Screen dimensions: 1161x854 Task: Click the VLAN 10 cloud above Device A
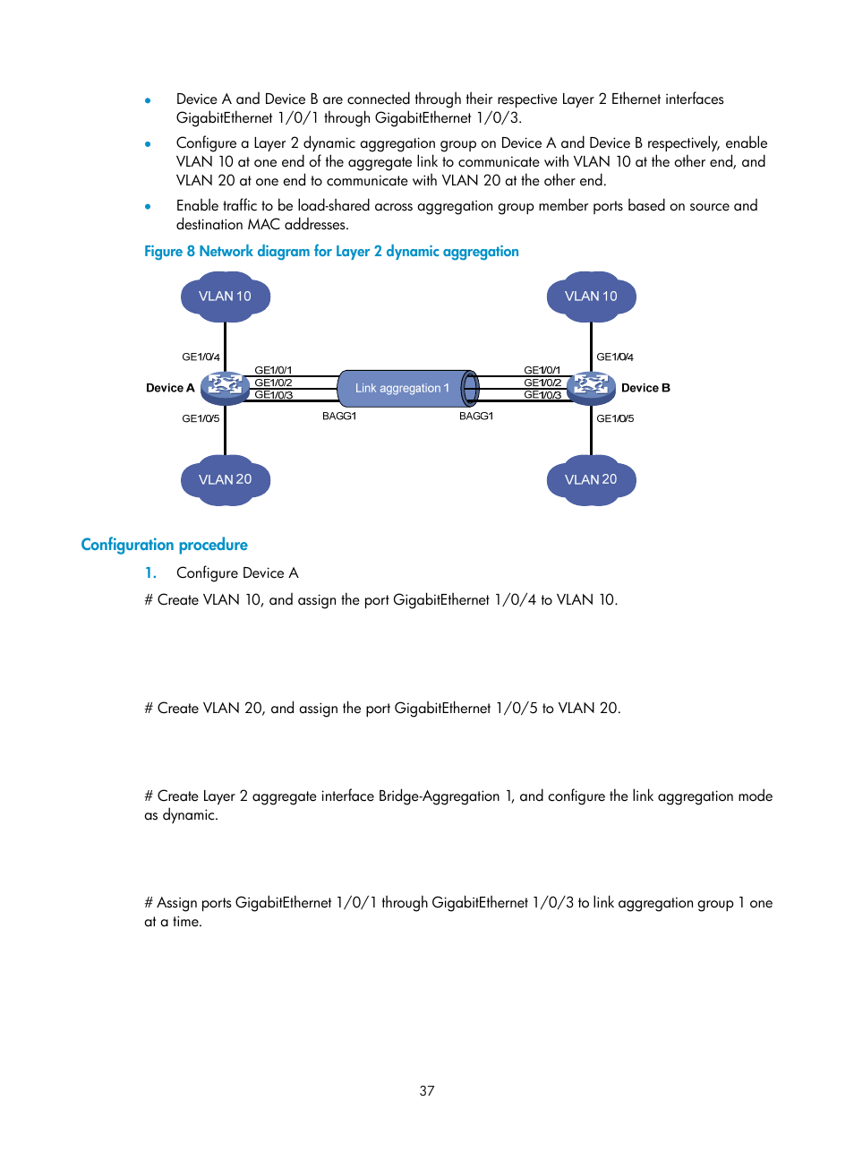pyautogui.click(x=225, y=296)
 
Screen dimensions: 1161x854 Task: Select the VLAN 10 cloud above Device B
pyautogui.click(x=591, y=296)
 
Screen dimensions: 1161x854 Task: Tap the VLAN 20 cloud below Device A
pyautogui.click(x=225, y=480)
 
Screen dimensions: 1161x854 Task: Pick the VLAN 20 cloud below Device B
pyautogui.click(x=591, y=480)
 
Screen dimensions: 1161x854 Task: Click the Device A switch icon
pyautogui.click(x=225, y=386)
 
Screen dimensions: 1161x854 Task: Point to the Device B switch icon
pyautogui.click(x=591, y=386)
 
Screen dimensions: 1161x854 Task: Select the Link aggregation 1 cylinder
pyautogui.click(x=407, y=388)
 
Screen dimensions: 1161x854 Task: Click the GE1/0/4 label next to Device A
pyautogui.click(x=201, y=357)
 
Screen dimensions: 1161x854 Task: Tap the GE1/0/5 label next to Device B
pyautogui.click(x=615, y=418)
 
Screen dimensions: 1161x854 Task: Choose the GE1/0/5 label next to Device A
pyautogui.click(x=201, y=418)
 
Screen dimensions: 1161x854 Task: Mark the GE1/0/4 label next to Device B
pyautogui.click(x=615, y=357)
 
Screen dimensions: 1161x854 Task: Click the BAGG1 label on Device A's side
pyautogui.click(x=339, y=416)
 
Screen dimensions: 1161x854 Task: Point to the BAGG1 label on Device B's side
pyautogui.click(x=476, y=416)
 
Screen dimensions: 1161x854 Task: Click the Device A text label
pyautogui.click(x=170, y=388)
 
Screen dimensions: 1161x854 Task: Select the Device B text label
pyautogui.click(x=645, y=388)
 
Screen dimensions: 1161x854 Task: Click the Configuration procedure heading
pyautogui.click(x=164, y=545)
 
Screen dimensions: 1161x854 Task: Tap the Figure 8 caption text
pyautogui.click(x=331, y=252)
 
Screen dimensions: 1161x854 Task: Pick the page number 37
pyautogui.click(x=427, y=1090)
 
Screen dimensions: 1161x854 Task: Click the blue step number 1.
pyautogui.click(x=150, y=572)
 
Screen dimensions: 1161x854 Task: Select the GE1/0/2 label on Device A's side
pyautogui.click(x=273, y=383)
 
